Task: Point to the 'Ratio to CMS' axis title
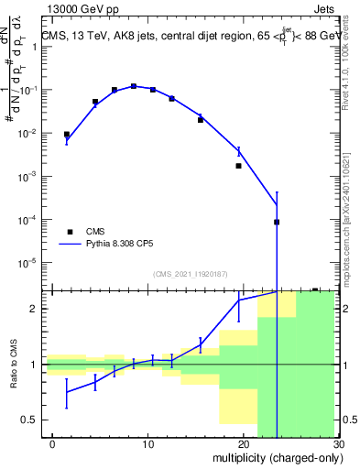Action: coord(12,365)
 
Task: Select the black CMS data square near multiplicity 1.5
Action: coord(67,135)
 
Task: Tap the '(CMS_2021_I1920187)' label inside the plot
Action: coord(190,273)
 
